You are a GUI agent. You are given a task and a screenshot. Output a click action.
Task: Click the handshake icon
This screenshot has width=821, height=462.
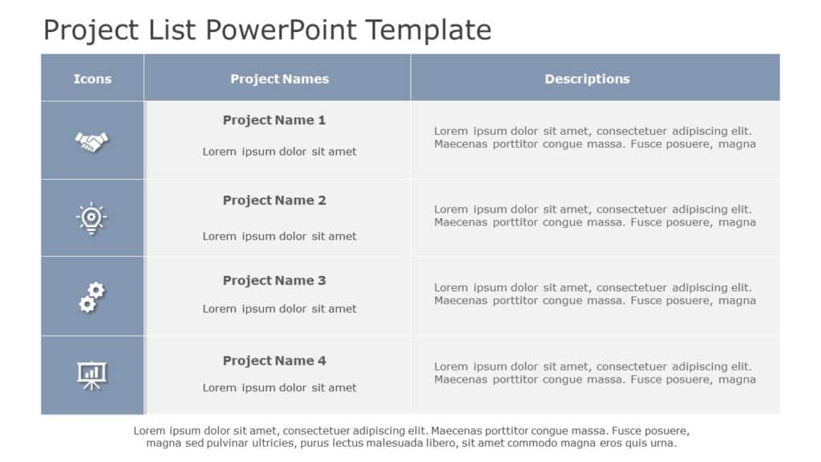click(x=92, y=142)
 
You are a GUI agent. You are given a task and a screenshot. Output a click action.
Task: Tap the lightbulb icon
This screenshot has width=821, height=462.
click(x=91, y=218)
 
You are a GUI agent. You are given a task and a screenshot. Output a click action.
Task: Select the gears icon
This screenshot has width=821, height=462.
click(x=91, y=297)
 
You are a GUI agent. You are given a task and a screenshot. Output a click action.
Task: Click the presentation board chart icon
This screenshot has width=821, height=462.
click(x=91, y=375)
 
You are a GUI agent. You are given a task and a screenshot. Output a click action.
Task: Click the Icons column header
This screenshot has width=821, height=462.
click(x=92, y=79)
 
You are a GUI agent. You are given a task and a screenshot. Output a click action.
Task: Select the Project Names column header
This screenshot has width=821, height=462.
click(x=279, y=79)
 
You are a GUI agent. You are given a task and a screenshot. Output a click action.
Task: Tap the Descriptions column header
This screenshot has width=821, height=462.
click(x=587, y=79)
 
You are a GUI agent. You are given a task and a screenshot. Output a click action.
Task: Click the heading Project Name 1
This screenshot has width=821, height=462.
click(x=274, y=120)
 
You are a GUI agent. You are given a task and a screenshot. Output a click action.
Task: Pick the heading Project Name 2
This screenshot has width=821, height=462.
click(x=274, y=201)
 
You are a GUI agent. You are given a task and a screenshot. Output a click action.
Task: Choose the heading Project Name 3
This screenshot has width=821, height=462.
click(x=274, y=281)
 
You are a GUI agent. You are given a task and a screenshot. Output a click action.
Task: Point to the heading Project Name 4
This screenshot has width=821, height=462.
click(x=274, y=361)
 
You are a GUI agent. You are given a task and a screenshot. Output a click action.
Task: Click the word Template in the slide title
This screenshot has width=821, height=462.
click(x=428, y=30)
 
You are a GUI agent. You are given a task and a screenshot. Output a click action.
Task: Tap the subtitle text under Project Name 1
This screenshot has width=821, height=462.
click(x=279, y=152)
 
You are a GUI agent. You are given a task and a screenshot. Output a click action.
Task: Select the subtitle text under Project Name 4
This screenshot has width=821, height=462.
click(x=279, y=387)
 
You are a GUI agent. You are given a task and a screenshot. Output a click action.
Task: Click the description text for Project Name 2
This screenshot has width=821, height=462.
click(x=595, y=216)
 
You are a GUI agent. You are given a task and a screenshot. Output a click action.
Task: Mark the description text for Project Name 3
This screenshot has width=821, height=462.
click(x=595, y=294)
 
